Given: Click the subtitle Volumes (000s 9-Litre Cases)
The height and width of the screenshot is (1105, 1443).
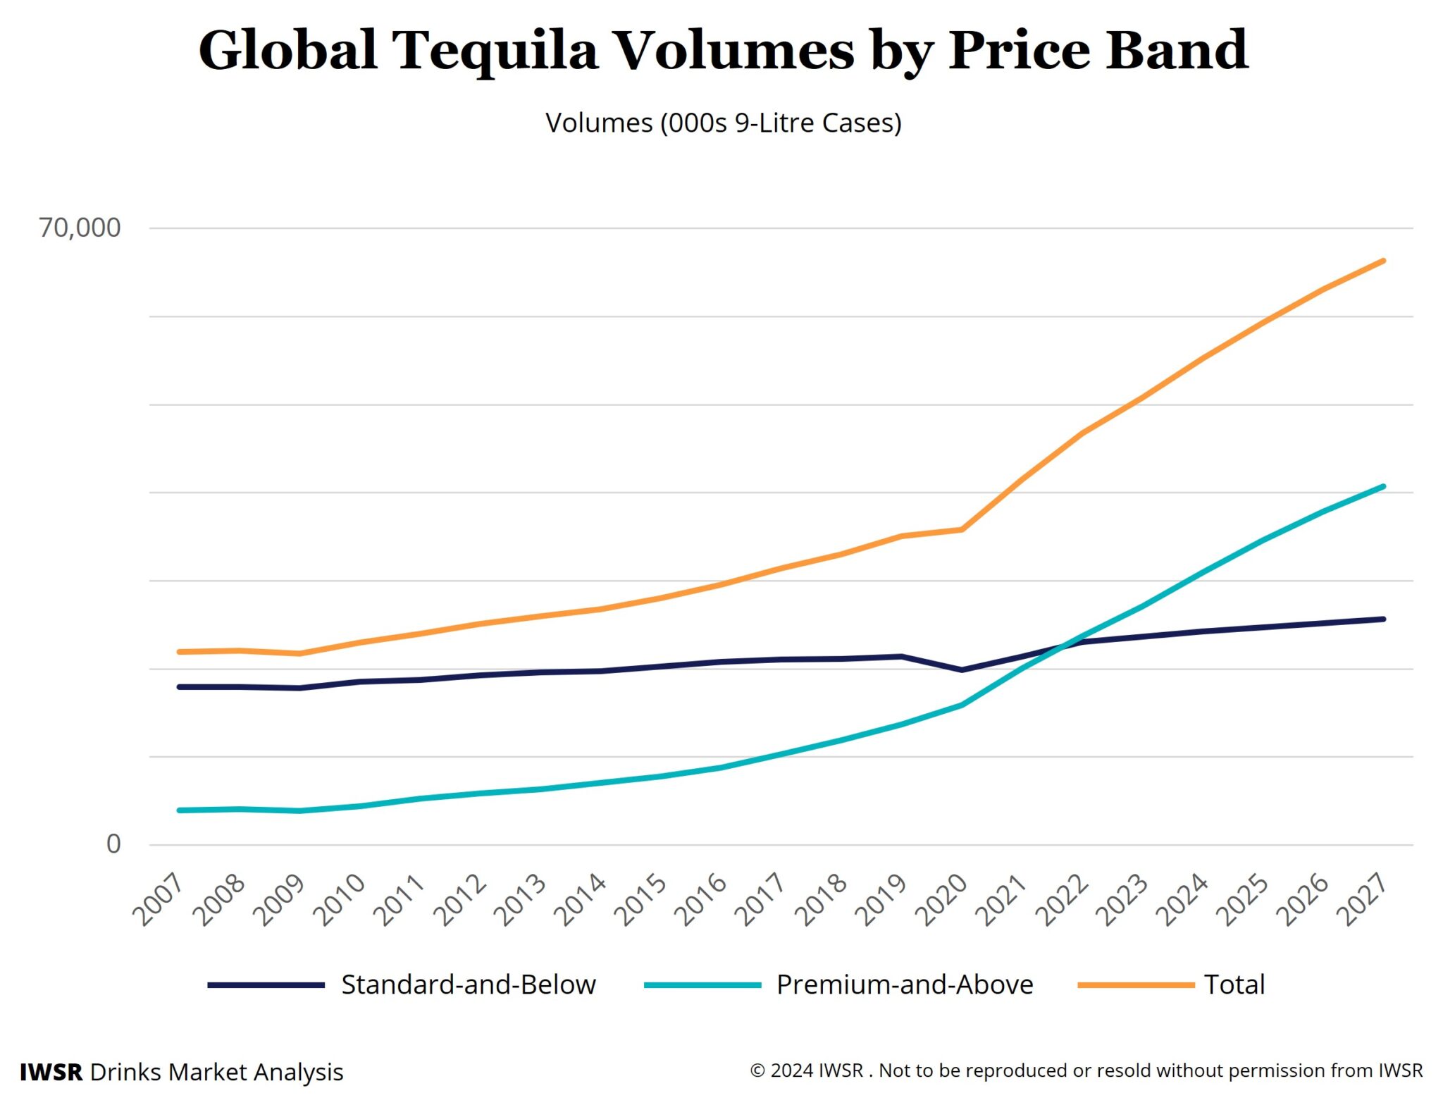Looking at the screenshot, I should [x=723, y=123].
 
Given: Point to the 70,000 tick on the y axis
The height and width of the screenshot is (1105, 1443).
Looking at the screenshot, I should [x=80, y=228].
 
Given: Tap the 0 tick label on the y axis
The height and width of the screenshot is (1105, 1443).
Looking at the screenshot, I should [x=113, y=844].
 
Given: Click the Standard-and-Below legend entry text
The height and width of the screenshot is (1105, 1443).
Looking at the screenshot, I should [x=469, y=984].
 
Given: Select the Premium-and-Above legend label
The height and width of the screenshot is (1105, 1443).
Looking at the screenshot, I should [x=905, y=984].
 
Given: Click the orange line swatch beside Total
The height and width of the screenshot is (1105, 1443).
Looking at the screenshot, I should [x=1135, y=984].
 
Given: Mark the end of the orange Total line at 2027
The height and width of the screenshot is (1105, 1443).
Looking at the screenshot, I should [x=1383, y=261].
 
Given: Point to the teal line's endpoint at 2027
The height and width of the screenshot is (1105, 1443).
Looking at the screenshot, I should [x=1383, y=486].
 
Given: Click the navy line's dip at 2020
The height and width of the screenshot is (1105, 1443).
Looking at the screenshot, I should [x=962, y=669].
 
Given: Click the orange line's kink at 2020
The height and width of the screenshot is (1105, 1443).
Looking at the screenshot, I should [x=962, y=529].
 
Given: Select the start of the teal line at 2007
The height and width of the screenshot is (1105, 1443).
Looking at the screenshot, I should [x=180, y=810].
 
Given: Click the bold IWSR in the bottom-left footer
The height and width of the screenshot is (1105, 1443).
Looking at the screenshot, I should [x=51, y=1072].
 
